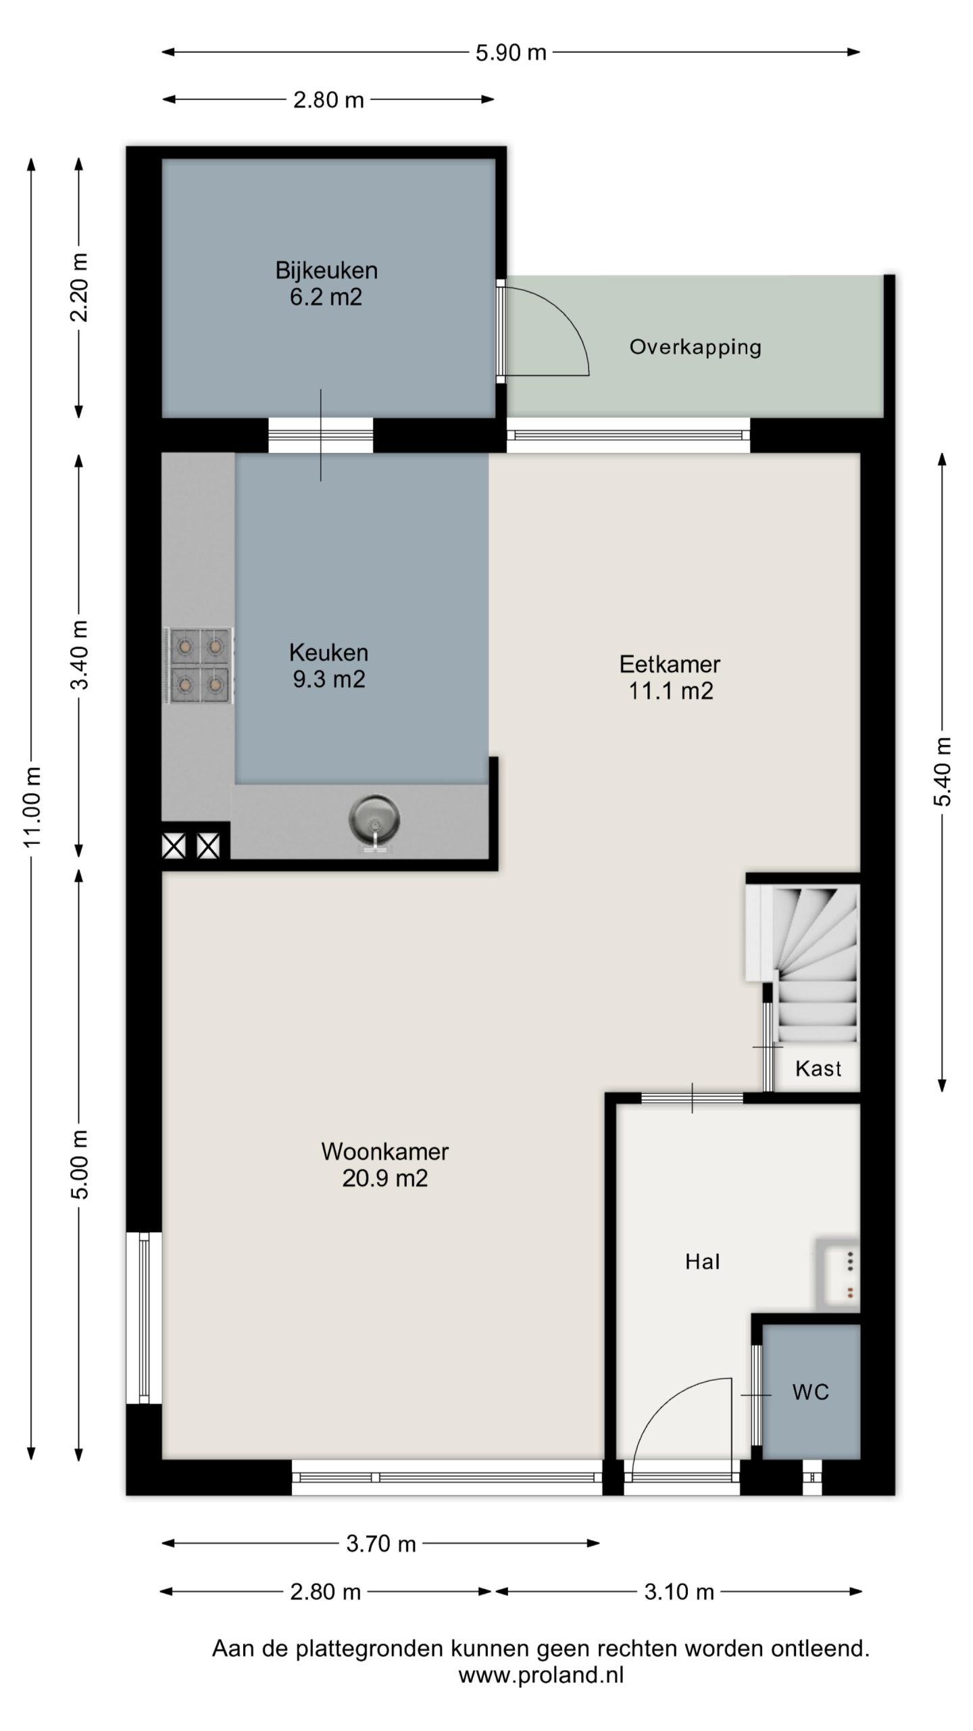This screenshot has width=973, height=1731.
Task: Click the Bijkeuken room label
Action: click(x=326, y=283)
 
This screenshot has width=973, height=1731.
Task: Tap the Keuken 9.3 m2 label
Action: click(x=329, y=665)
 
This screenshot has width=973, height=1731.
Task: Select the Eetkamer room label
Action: click(x=670, y=678)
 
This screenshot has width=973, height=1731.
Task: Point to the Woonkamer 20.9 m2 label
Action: click(x=385, y=1164)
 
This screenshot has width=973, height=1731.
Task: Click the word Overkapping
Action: click(x=695, y=348)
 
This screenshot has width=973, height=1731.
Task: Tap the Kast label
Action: click(x=818, y=1068)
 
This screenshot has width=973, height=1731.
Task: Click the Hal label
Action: click(x=703, y=1262)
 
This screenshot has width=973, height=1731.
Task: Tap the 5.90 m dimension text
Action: click(x=511, y=53)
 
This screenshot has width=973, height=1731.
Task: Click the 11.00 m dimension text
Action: click(x=32, y=806)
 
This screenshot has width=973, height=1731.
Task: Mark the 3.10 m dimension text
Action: click(x=679, y=1592)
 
